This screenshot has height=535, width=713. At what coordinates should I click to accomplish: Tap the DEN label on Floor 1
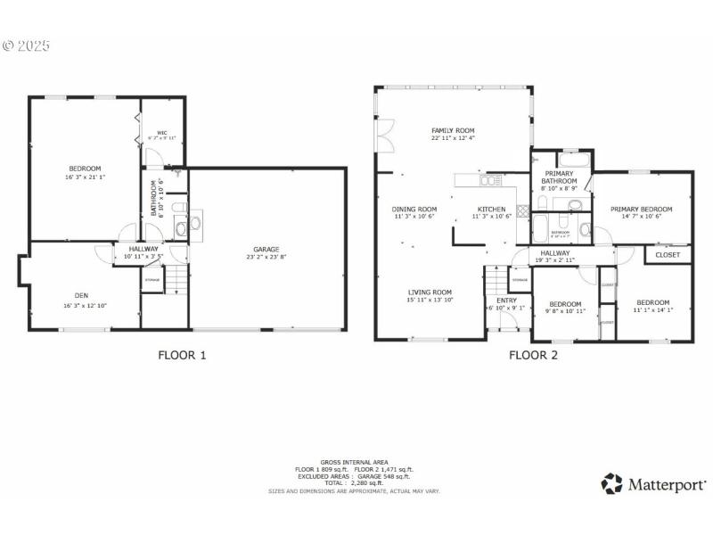[x=81, y=295]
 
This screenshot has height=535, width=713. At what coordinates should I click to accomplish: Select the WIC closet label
[x=161, y=132]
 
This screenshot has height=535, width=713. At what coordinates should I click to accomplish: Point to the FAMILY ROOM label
[x=453, y=131]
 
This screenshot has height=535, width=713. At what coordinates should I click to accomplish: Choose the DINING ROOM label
[x=415, y=209]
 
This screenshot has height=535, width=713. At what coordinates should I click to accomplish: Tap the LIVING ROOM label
[x=430, y=292]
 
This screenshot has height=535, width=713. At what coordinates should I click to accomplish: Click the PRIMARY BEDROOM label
[x=641, y=209]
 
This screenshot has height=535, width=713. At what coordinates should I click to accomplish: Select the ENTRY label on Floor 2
[x=506, y=300]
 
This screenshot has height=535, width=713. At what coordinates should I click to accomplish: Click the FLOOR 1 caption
[x=182, y=355]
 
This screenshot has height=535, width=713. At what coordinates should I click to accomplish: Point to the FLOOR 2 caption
[x=533, y=355]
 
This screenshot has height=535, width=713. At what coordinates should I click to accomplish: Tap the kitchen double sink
[x=489, y=181]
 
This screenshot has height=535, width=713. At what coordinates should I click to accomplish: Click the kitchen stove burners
[x=523, y=213]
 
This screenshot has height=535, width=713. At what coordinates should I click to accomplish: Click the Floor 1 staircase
[x=178, y=282]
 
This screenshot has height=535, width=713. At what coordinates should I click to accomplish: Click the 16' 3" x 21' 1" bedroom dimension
[x=86, y=177]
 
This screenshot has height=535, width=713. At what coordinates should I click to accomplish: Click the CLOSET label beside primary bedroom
[x=667, y=255]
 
